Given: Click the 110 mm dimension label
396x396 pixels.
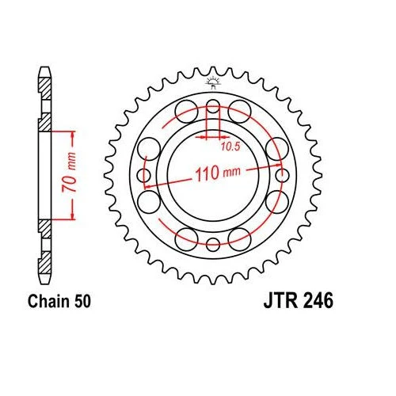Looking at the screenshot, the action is click(x=218, y=173).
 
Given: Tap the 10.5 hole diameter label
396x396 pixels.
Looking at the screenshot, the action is click(x=230, y=147).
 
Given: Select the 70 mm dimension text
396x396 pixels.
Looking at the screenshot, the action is click(x=69, y=172).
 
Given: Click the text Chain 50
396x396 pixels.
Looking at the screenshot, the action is click(x=59, y=301).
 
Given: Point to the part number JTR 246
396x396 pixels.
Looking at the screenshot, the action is click(x=299, y=301).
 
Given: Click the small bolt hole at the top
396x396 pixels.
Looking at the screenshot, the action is click(x=213, y=106).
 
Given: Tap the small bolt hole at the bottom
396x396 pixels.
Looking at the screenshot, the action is click(x=213, y=245).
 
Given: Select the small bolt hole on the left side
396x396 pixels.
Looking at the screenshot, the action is click(x=144, y=175).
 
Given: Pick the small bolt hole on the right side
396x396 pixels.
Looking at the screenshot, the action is click(x=282, y=175).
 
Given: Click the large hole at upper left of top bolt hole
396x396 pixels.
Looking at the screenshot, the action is click(x=186, y=112).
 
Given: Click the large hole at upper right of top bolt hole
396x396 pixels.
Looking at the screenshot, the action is click(x=239, y=112).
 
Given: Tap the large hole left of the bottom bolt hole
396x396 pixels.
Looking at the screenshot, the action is click(x=186, y=239).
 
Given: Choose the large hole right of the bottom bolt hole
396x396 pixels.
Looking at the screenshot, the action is click(x=239, y=239).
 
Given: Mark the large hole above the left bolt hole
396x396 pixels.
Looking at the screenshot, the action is click(x=149, y=149).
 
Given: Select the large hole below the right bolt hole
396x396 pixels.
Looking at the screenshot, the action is click(x=277, y=202).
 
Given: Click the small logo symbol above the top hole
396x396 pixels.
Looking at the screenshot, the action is click(x=213, y=83).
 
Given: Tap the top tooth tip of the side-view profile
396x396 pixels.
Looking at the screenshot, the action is click(x=44, y=68).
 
